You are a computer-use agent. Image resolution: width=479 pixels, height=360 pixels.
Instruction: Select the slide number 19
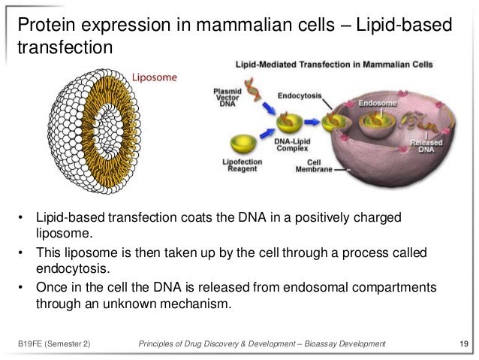[462, 344]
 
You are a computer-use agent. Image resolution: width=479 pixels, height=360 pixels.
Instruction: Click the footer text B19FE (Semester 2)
[53, 344]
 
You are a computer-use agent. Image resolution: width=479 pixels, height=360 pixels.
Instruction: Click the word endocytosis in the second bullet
[71, 268]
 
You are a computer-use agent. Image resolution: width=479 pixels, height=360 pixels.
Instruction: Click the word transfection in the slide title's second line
[65, 48]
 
